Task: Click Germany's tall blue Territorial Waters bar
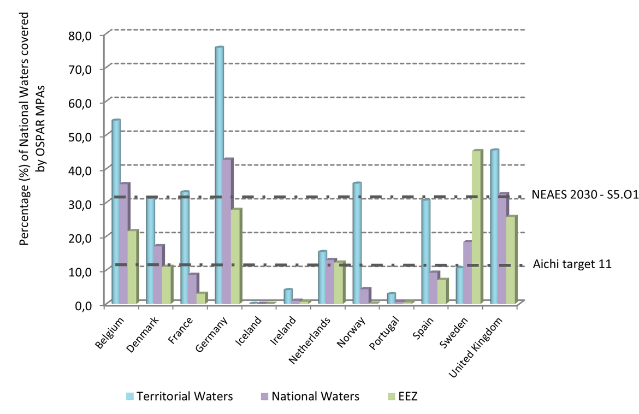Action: [x=219, y=175]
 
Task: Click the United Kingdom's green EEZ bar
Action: [x=511, y=260]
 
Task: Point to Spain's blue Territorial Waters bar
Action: [x=425, y=251]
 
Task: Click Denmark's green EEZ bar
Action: [x=167, y=285]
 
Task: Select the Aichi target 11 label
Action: [x=572, y=264]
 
